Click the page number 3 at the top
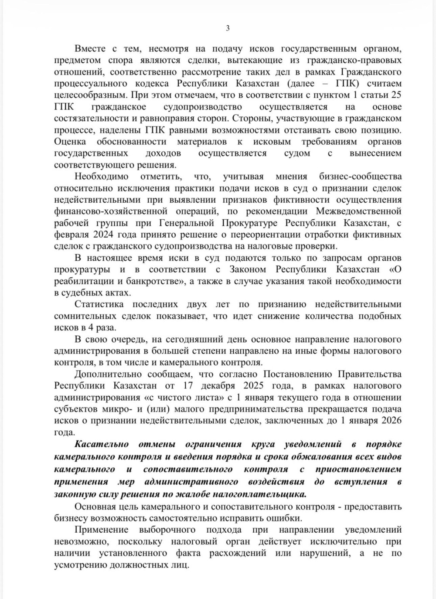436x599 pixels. click(227, 29)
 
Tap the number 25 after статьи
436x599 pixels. click(396, 95)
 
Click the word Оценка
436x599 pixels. click(70, 142)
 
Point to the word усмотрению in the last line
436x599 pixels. click(79, 565)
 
